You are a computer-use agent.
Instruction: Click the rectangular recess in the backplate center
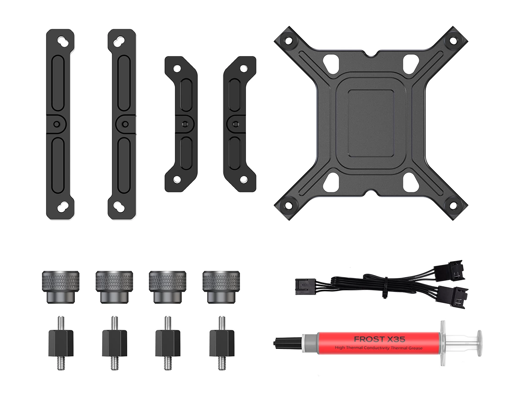[371, 122]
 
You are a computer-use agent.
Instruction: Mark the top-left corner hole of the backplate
[289, 41]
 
